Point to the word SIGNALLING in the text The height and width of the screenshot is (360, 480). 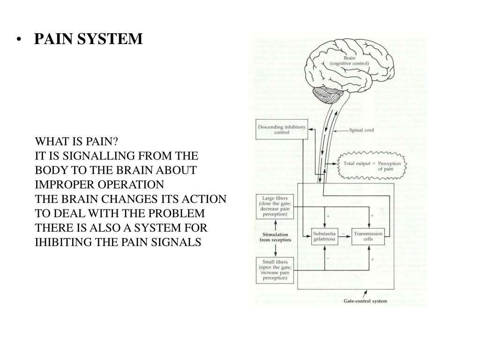[97, 156]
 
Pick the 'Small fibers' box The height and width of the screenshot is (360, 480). [275, 270]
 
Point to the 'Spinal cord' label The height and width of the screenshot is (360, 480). [362, 130]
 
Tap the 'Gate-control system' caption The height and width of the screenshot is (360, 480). [366, 300]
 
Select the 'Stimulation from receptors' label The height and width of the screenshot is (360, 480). [275, 237]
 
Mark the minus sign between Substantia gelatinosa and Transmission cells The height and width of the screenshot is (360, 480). [344, 232]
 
